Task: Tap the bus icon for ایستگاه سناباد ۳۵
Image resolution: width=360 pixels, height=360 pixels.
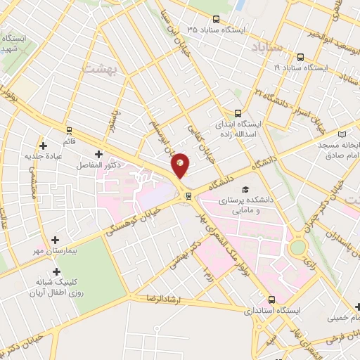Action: (x=216, y=20)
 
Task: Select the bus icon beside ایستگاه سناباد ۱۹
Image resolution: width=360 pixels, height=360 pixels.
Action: (x=300, y=57)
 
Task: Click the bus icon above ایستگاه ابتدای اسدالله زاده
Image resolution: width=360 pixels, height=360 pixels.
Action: (x=238, y=112)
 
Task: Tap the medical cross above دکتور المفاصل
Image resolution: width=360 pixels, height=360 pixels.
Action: (x=98, y=153)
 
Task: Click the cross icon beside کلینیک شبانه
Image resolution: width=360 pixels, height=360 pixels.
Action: (x=57, y=271)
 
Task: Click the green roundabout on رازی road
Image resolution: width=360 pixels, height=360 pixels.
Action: (x=298, y=248)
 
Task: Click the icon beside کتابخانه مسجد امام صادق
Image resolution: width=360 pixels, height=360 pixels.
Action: (x=342, y=133)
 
